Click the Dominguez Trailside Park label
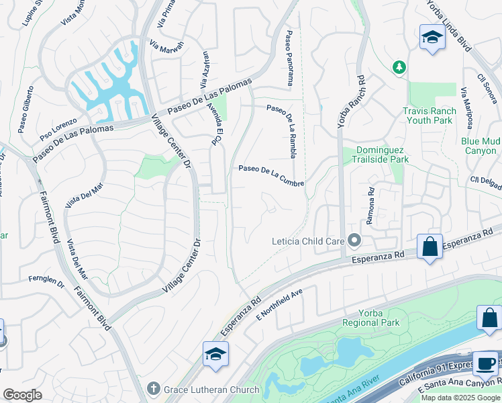pos(373,154)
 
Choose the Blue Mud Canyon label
pos(481,146)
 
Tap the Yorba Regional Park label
pos(370,318)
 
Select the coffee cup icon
pos(485,364)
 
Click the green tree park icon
pos(399,67)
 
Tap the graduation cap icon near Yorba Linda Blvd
pos(433,38)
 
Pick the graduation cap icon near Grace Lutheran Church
pos(215,354)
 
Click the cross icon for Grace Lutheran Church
pos(154,390)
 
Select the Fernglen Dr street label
pos(46,279)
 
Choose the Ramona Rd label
pos(369,201)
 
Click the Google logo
pos(22,394)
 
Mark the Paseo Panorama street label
pos(290,58)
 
